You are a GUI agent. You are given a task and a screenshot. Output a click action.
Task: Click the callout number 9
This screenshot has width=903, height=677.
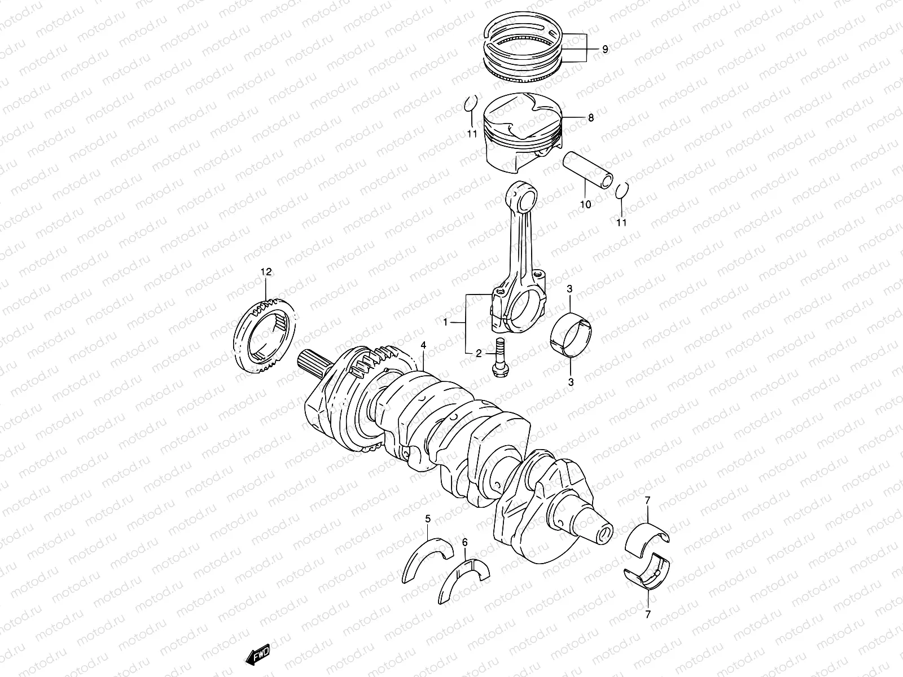coord(604,50)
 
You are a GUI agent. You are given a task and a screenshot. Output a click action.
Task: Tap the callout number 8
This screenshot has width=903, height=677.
coord(591,118)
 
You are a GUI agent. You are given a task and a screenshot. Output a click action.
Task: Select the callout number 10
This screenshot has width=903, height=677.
coord(585,204)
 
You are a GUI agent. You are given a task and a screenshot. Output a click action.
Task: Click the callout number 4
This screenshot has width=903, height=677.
coord(423,345)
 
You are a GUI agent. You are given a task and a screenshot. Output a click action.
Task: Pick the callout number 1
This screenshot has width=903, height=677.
coord(445,323)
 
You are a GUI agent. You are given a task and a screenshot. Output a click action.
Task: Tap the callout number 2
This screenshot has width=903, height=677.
coord(479,354)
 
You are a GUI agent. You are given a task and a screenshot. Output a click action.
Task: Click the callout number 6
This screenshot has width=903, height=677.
coord(464,543)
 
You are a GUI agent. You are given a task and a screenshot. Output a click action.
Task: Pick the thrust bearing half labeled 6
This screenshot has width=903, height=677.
coord(464,584)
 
